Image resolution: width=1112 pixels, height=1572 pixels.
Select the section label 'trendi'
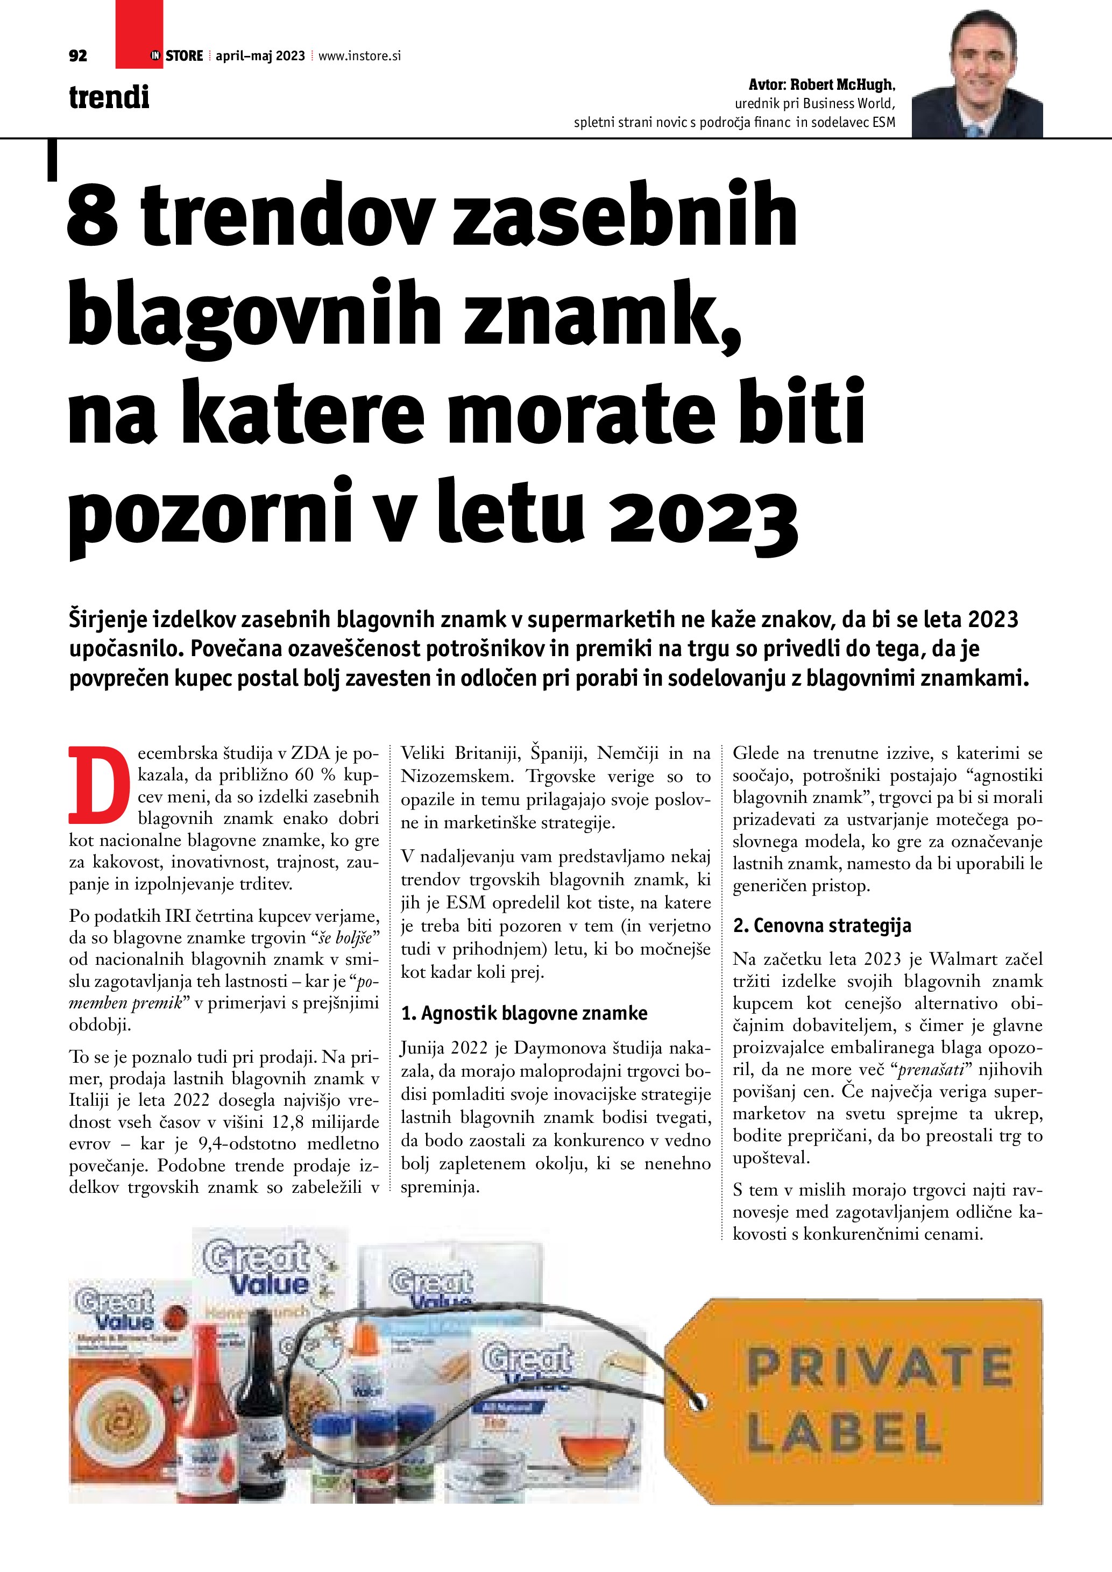109,97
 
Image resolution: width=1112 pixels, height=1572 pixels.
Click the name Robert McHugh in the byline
842,85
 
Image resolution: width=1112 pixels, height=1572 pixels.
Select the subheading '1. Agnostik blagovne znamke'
524,1013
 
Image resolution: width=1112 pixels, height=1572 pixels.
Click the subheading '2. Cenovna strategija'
821,926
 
